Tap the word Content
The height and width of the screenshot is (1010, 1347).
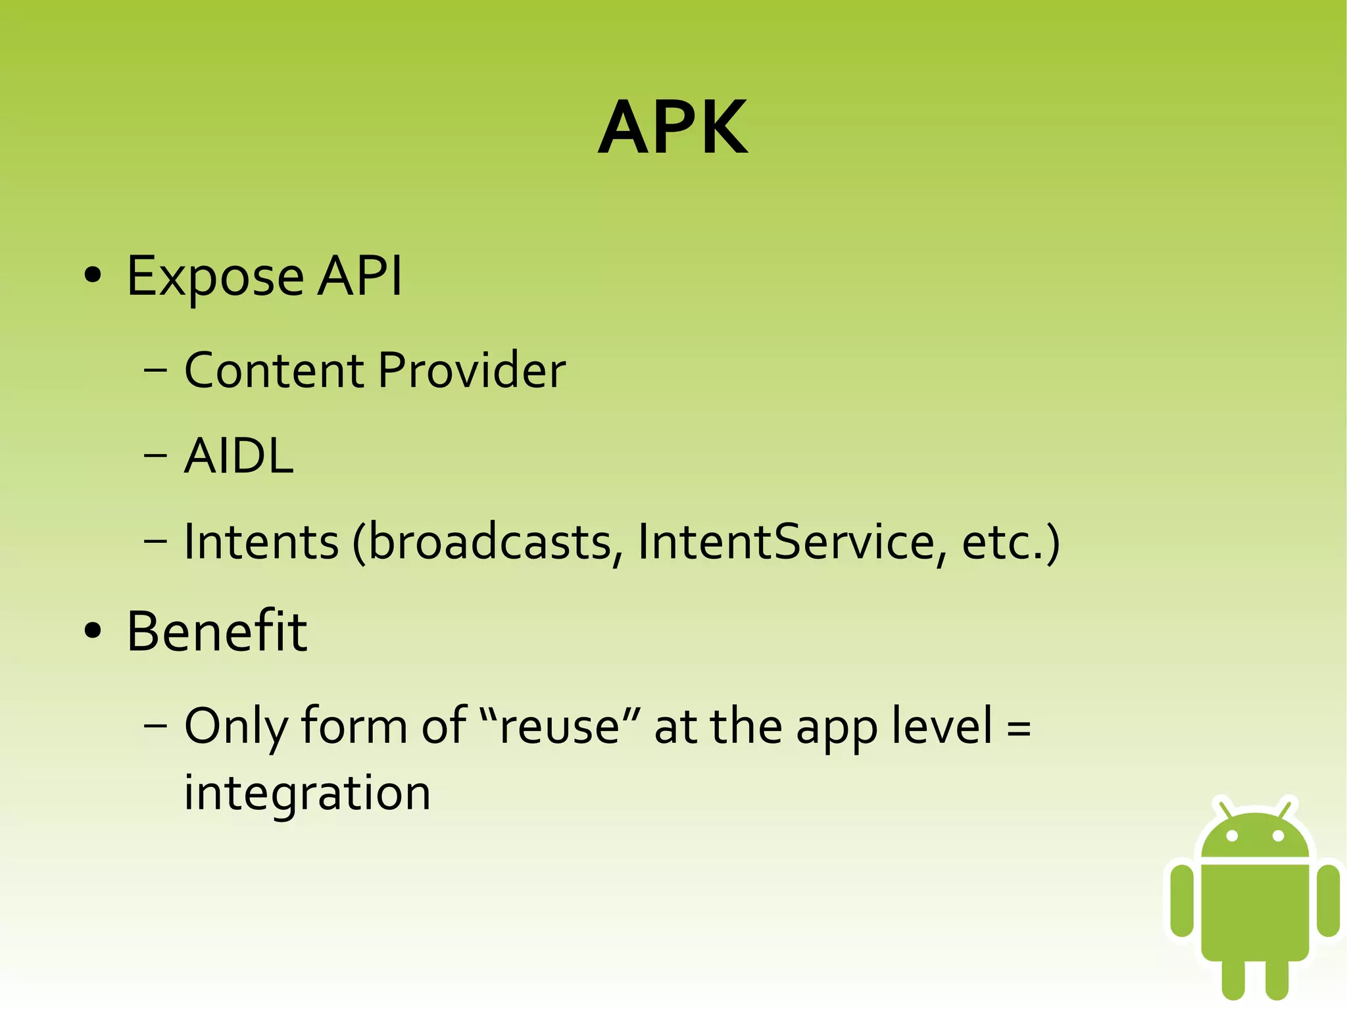click(274, 370)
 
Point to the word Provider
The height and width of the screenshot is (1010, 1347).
click(472, 370)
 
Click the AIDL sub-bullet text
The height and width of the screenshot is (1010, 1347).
click(239, 456)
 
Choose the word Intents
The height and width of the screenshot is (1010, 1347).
click(261, 542)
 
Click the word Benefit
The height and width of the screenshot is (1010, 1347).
click(216, 632)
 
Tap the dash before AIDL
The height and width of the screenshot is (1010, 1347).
click(155, 456)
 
